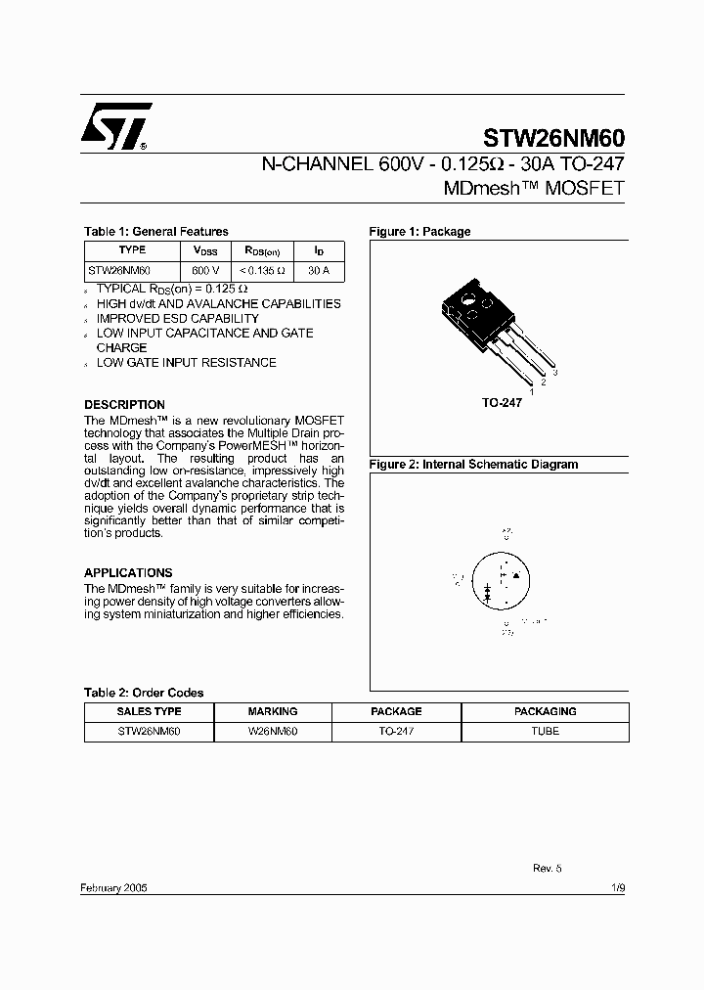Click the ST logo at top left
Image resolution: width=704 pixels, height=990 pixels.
tap(115, 126)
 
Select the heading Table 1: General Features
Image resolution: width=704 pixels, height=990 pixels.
tap(155, 232)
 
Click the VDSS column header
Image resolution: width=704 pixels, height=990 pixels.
tap(204, 250)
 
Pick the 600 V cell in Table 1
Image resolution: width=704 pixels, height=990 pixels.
tap(204, 270)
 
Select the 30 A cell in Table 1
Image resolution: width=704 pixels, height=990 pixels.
tap(318, 270)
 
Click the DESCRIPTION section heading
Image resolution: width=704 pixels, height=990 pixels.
tap(124, 405)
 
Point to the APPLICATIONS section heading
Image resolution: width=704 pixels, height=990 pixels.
tap(128, 573)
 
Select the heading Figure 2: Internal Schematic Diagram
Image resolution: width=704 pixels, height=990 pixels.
tap(473, 465)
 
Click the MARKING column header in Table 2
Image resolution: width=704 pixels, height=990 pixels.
tap(273, 712)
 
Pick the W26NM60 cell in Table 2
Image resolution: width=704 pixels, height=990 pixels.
tap(273, 731)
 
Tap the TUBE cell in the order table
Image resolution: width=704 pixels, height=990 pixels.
tap(546, 731)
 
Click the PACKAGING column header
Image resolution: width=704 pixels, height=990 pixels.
tap(546, 712)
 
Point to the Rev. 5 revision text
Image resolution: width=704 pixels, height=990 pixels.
tap(547, 868)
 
